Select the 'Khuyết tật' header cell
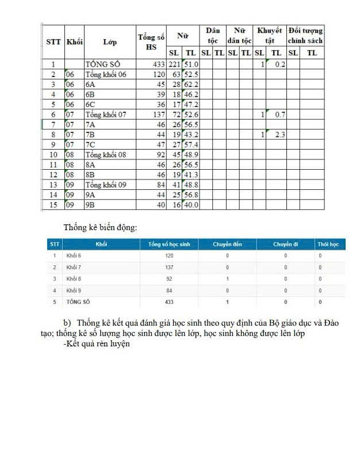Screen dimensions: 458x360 (269, 36)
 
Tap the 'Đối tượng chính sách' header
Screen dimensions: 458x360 (305, 36)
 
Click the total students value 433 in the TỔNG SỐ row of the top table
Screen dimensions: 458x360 (159, 64)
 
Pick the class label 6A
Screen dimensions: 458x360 (90, 85)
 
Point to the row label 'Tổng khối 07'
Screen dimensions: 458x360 (105, 114)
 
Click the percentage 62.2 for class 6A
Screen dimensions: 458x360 (192, 85)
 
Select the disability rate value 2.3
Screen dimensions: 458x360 (279, 135)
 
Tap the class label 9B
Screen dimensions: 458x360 (90, 205)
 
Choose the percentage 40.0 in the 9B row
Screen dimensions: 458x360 (192, 205)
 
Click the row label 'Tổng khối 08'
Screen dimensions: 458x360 (105, 155)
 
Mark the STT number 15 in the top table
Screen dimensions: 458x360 (53, 205)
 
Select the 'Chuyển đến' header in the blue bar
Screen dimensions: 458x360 (227, 244)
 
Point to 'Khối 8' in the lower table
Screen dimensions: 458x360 (74, 278)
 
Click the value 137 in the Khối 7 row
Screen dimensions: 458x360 (169, 267)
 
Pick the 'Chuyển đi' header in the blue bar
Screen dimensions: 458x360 (285, 244)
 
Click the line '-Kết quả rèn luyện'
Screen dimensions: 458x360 (97, 344)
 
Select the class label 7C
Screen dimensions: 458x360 (90, 144)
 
